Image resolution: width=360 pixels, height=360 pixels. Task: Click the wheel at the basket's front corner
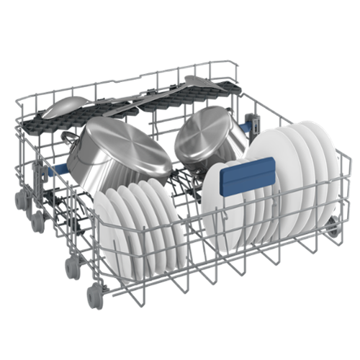[94, 295]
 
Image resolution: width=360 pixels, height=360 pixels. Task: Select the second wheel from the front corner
[72, 266]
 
